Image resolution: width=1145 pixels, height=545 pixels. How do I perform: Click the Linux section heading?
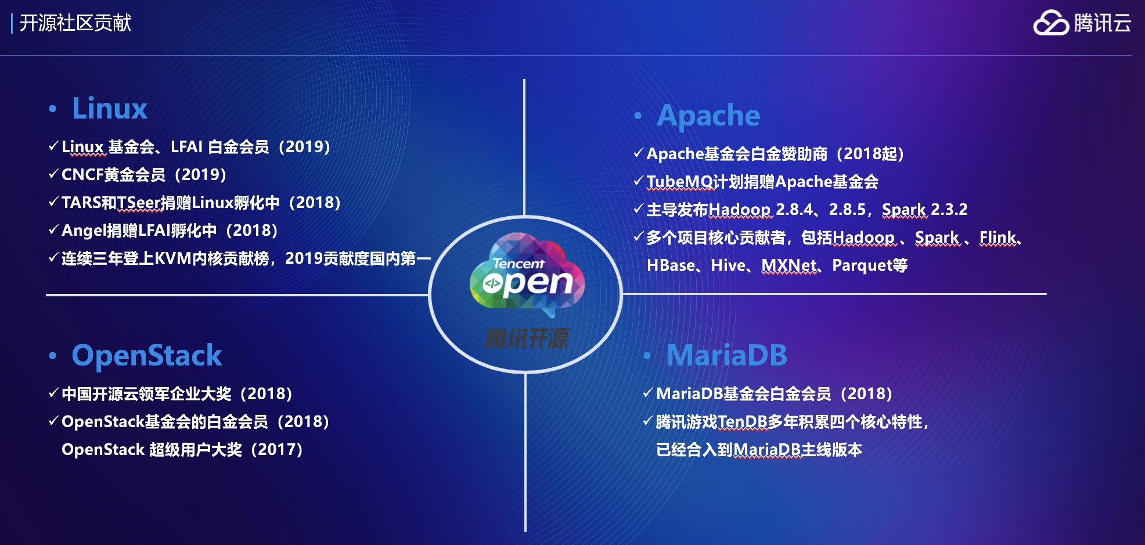coord(110,108)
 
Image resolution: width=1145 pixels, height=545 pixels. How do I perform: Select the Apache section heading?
coord(708,116)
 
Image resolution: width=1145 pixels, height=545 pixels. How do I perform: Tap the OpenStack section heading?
coord(147,356)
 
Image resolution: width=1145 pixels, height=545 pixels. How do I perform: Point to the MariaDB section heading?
coord(727,356)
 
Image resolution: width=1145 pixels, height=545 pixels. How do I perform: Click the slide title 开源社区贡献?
coord(75,23)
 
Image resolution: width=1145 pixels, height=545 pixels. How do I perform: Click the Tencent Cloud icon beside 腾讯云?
coord(1051,23)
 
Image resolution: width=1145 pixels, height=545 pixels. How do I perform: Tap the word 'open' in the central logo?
coord(528,283)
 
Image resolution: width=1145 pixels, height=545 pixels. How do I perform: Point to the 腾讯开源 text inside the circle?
coord(527,339)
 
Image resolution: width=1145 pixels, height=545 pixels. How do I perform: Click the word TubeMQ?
coord(679,182)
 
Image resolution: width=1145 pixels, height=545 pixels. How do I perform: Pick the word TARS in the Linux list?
coord(81,203)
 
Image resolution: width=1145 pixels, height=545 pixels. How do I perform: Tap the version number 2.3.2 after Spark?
coord(949,210)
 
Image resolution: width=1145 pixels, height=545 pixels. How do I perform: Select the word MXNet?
coord(789,266)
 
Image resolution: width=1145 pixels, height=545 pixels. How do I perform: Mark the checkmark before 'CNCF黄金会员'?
coord(53,174)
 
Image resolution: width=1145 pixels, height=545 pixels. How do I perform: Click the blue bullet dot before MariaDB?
coord(647,356)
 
